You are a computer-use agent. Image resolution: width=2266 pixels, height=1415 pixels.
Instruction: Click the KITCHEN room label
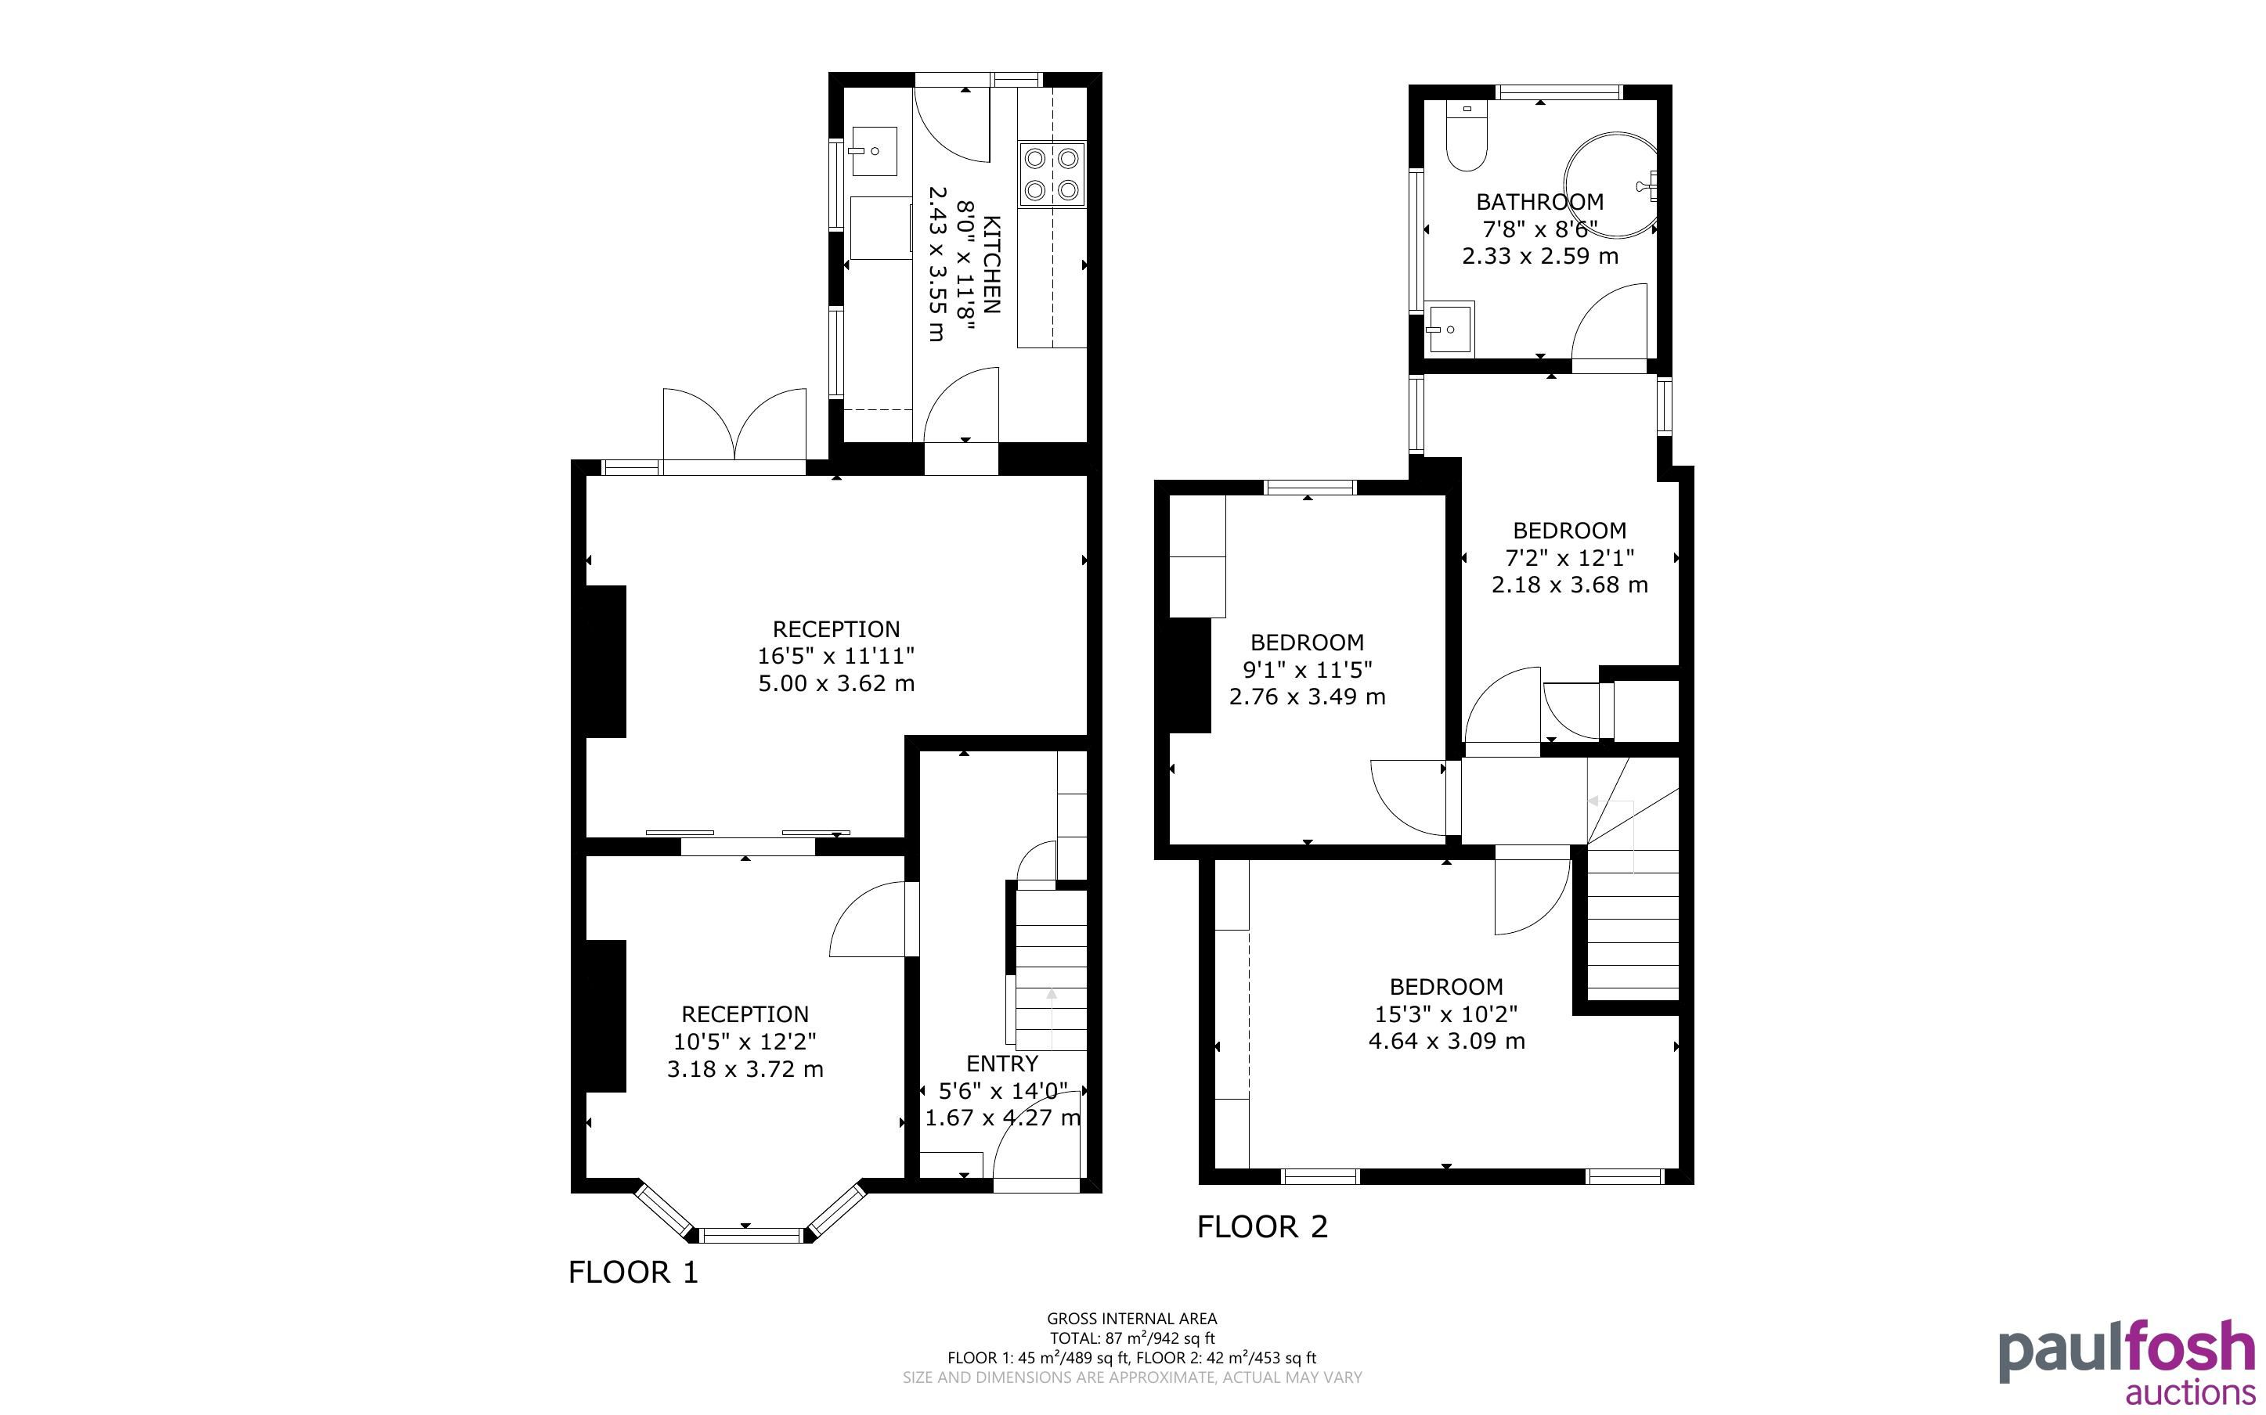pyautogui.click(x=992, y=265)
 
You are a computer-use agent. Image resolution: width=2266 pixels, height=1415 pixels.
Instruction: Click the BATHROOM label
pyautogui.click(x=1539, y=201)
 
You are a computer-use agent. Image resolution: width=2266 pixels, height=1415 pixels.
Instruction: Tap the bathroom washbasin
pyautogui.click(x=1450, y=329)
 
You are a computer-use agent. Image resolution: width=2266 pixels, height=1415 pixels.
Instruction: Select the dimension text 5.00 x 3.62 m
pyautogui.click(x=835, y=683)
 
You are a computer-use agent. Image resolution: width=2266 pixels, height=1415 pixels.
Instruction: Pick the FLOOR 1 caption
pyautogui.click(x=633, y=1272)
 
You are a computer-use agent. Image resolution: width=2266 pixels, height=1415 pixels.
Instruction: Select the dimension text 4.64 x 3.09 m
pyautogui.click(x=1446, y=1041)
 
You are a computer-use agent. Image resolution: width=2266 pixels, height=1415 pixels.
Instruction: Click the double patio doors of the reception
pyautogui.click(x=734, y=426)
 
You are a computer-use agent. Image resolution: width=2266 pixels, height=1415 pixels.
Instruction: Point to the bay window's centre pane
pyautogui.click(x=752, y=1235)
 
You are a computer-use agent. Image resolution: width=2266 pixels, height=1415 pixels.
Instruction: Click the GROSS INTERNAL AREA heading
pyautogui.click(x=1131, y=1319)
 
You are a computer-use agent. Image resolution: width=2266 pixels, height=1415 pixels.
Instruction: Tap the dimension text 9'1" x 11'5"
pyautogui.click(x=1307, y=669)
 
